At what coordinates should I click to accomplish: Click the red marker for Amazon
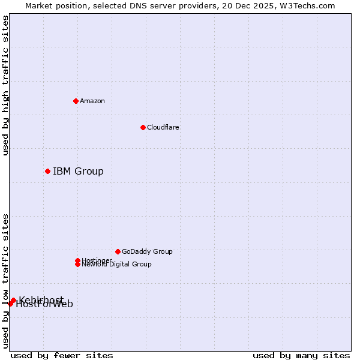(76, 101)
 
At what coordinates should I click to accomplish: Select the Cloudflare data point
(143, 127)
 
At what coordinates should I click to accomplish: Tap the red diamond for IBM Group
(47, 172)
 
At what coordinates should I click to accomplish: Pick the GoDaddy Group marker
(118, 251)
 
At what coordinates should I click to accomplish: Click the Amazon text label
(92, 101)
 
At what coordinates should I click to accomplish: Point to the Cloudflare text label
(163, 127)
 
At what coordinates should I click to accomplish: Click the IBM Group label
(78, 172)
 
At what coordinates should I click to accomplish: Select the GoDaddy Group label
(147, 251)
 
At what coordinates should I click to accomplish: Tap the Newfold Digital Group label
(116, 265)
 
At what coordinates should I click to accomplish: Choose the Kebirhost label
(41, 299)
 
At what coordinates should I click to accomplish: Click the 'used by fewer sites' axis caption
(62, 356)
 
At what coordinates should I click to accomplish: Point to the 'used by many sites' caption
(301, 356)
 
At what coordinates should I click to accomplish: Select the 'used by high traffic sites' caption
(6, 85)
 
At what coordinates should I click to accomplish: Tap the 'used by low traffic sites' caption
(6, 281)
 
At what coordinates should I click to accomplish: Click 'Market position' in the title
(53, 6)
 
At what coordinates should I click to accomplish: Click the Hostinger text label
(97, 260)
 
